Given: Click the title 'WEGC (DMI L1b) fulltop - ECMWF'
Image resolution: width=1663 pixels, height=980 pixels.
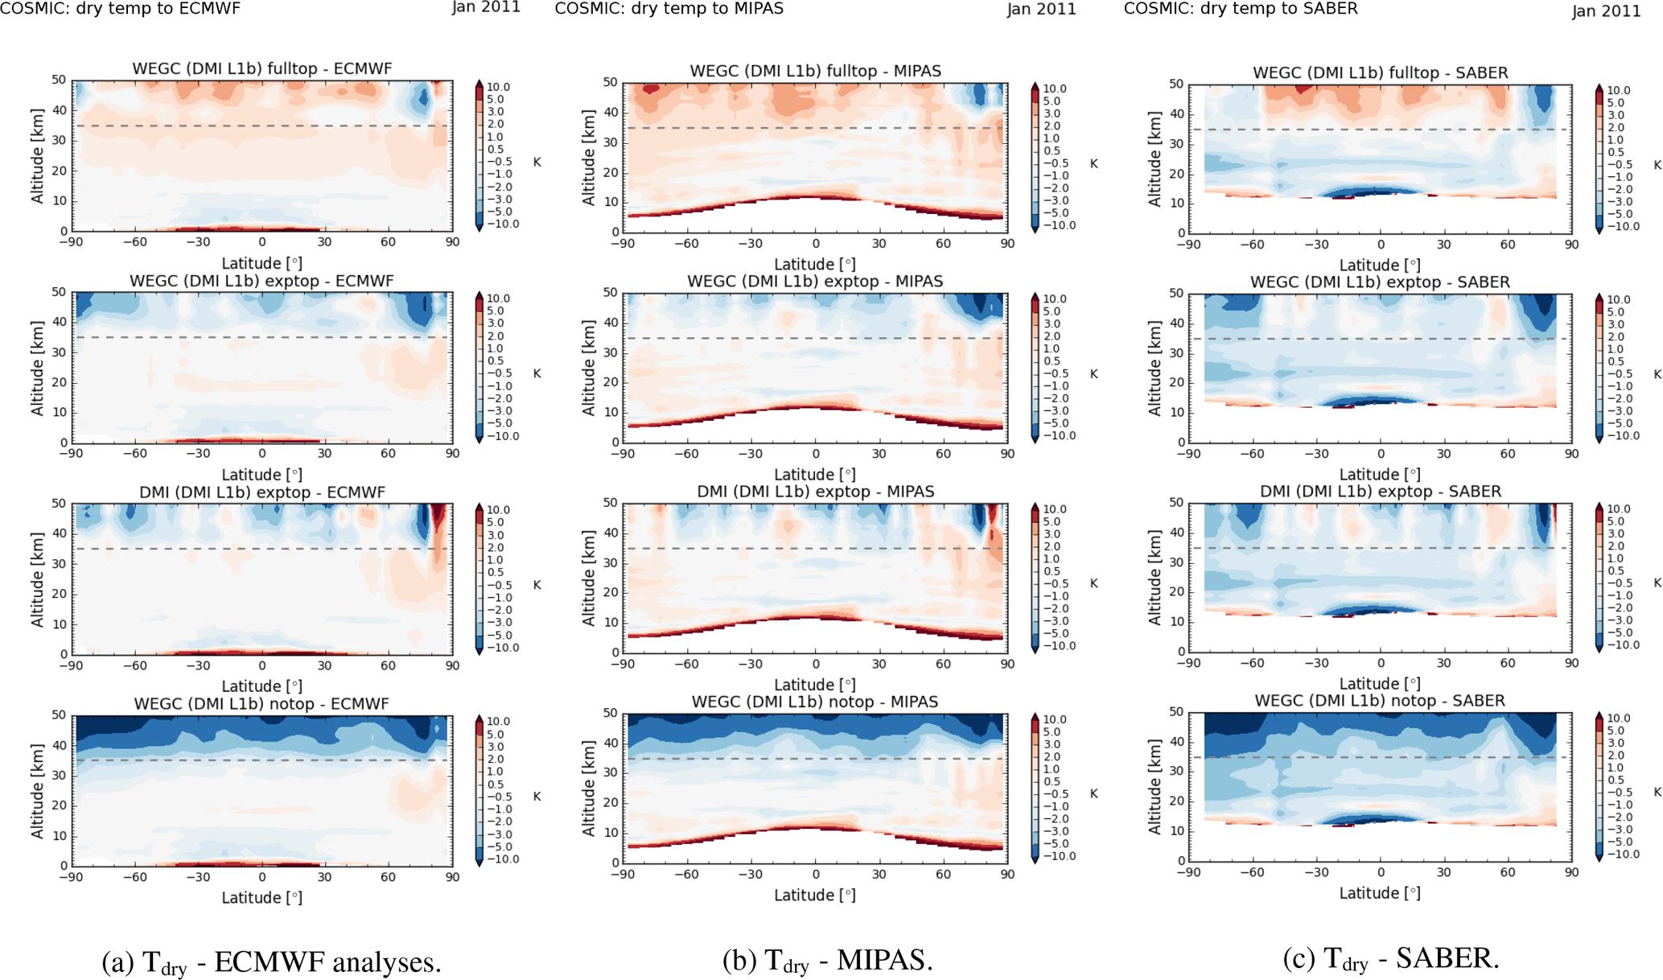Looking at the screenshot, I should (261, 68).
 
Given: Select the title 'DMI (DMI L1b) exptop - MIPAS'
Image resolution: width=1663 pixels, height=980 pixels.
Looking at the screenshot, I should (815, 491).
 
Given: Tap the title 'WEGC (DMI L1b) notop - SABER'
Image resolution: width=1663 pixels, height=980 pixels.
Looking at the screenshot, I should (1380, 701).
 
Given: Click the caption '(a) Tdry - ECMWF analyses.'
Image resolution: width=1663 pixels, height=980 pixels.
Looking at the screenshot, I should (271, 961).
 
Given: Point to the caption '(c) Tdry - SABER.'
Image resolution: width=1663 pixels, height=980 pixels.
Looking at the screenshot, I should (1391, 958).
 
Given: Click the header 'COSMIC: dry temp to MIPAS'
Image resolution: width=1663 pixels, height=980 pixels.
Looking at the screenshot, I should (669, 9).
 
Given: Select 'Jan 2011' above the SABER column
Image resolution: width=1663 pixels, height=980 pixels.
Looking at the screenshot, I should (1606, 10).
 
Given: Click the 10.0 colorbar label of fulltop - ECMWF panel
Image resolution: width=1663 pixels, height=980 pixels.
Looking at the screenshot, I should (498, 87).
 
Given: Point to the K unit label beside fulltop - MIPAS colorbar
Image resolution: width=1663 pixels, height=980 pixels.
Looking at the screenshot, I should (1093, 163).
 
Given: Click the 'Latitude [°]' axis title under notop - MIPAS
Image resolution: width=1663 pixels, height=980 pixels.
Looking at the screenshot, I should (814, 895).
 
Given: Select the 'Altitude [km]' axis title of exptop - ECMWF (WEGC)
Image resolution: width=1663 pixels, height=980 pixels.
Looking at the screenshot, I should (37, 368).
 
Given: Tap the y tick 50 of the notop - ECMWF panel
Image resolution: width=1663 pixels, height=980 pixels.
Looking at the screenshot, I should (59, 714).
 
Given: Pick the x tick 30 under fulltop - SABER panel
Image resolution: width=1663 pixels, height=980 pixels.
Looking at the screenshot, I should (1444, 244).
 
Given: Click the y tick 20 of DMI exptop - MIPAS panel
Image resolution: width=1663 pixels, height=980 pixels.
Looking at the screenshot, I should (611, 592).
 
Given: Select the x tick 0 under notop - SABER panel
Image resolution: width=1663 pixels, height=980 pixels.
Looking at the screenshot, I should (1381, 872).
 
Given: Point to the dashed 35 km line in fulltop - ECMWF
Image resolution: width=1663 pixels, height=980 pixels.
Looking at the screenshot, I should (261, 126).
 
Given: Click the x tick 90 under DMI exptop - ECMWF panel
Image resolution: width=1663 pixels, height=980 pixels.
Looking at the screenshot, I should (452, 665).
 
